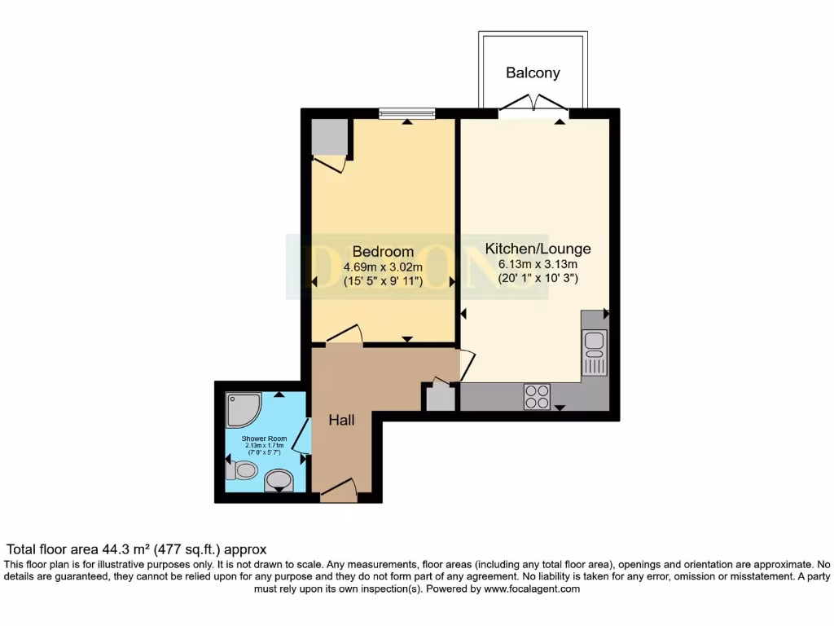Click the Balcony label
pos(533,73)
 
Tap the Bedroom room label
pos(383,251)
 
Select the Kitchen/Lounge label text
pos(538,249)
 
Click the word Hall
pos(341,421)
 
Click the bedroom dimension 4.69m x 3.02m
pos(383,267)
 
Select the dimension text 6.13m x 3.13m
pos(538,264)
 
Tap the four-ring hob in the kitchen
pos(537,396)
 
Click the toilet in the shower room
pos(243,471)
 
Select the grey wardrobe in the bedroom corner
pos(329,136)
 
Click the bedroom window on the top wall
pos(406,113)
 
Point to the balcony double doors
pos(533,106)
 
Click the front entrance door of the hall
pos(340,492)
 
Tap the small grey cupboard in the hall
pos(439,398)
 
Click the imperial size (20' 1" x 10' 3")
pos(538,279)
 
